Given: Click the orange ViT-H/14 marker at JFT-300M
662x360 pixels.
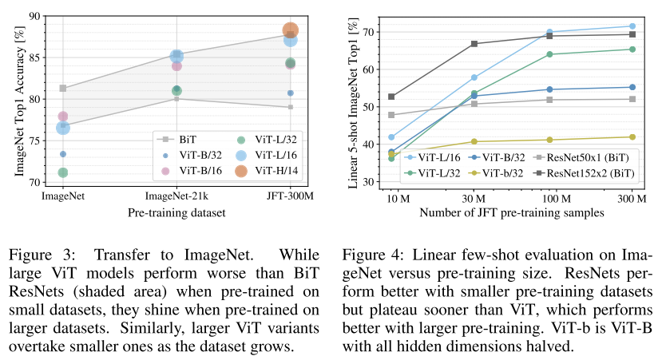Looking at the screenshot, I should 291,31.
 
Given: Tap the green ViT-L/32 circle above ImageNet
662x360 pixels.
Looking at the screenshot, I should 63,172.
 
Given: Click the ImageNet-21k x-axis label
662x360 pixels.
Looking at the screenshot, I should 176,196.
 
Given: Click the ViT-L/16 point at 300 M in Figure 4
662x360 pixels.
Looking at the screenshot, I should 632,26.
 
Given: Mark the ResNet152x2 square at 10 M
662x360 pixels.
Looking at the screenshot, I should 391,97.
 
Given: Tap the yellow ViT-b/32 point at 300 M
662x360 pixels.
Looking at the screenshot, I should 632,137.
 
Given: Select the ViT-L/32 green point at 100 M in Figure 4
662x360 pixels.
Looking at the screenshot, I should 549,54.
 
